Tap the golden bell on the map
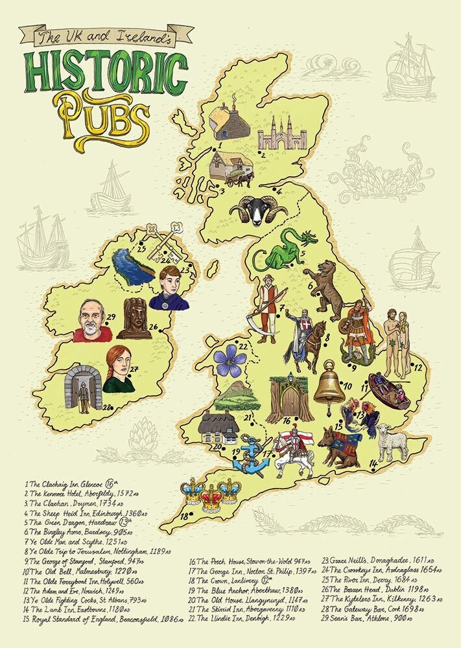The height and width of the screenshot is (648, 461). [329, 384]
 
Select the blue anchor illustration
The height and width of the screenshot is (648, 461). [250, 459]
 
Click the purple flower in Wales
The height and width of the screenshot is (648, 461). [231, 360]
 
